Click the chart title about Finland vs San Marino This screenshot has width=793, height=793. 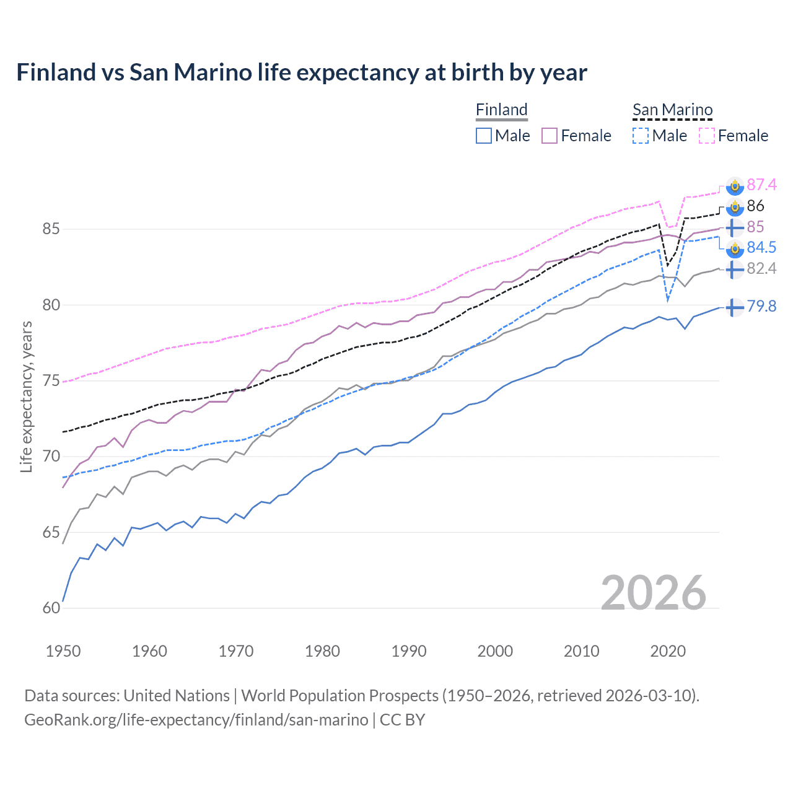coord(301,72)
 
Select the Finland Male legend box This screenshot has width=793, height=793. coord(484,136)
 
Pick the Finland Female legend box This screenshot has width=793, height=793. coord(550,136)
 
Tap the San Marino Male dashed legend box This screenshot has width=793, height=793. coord(641,136)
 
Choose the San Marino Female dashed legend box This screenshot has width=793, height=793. coord(707,136)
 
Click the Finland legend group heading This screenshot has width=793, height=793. coord(501,110)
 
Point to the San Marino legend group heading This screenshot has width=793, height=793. coord(672,110)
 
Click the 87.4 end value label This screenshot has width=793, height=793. coord(761,185)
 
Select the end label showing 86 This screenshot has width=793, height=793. coord(755,206)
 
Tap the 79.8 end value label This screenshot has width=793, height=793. coord(761,306)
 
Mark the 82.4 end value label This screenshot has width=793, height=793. coord(761,268)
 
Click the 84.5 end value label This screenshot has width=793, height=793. coord(761,247)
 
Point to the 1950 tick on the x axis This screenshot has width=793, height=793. coord(63,651)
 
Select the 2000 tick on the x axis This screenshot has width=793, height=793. coord(495,651)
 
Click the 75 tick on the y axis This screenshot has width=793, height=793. coord(51,381)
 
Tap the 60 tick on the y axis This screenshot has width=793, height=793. coord(51,608)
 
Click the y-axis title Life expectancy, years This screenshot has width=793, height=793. coord(26,396)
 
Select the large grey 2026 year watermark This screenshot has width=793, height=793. coord(653,593)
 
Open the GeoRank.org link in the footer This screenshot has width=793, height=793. coord(196,720)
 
